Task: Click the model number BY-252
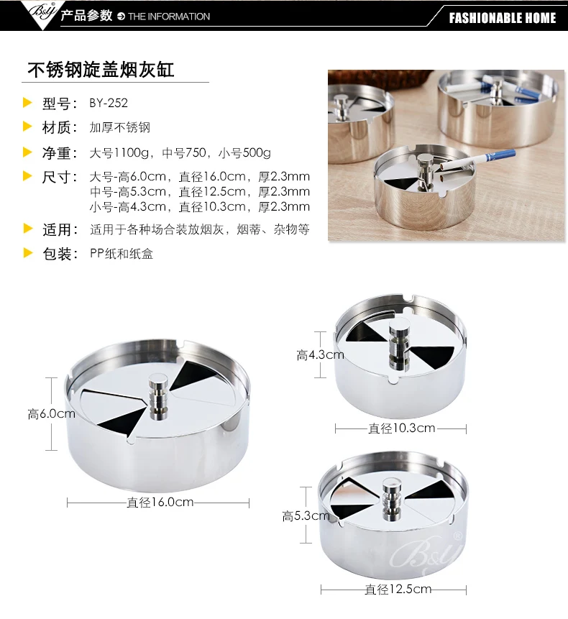click(109, 103)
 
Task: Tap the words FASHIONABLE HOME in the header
click(503, 18)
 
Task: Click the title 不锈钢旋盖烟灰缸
click(101, 70)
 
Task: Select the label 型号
click(56, 104)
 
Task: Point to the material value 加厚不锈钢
click(119, 127)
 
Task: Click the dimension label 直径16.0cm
click(160, 502)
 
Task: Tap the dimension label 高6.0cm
click(51, 413)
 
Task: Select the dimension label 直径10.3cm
click(401, 428)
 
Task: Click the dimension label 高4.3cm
click(320, 355)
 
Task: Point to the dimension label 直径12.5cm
click(398, 590)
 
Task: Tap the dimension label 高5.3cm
click(306, 515)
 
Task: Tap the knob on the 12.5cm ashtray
click(393, 498)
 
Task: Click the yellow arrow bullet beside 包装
click(27, 253)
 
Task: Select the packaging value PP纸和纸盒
click(122, 254)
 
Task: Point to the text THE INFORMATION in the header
click(169, 17)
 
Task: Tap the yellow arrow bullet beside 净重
click(27, 152)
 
